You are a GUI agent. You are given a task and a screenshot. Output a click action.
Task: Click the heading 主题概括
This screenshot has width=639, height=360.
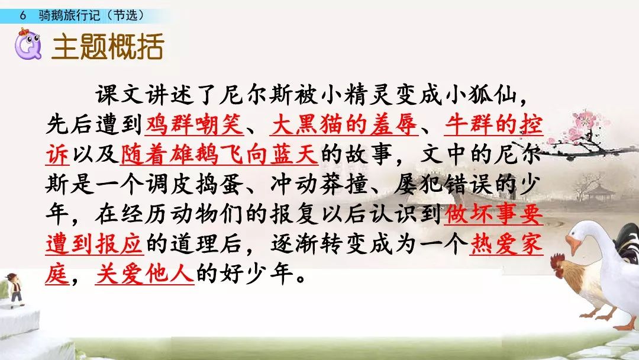(108, 46)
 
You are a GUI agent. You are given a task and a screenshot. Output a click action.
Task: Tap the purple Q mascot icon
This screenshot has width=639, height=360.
(28, 44)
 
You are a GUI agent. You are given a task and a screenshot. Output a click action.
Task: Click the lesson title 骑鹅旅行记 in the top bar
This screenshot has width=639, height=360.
(69, 15)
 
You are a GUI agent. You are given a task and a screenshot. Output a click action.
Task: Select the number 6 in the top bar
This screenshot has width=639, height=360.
(23, 15)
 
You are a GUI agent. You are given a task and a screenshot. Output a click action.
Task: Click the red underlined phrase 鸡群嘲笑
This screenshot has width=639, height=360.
(195, 124)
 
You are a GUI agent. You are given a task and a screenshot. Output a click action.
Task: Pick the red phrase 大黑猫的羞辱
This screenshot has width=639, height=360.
(344, 124)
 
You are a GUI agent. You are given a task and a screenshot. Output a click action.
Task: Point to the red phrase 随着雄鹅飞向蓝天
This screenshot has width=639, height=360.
(220, 154)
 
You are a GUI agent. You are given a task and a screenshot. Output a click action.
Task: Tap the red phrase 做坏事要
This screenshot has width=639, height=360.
(494, 214)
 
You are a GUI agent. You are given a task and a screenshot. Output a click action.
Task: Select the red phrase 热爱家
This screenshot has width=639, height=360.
(506, 244)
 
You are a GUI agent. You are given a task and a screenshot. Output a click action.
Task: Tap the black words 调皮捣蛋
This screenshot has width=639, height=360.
(195, 184)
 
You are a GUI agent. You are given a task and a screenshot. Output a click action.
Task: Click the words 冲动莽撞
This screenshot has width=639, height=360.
(319, 184)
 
